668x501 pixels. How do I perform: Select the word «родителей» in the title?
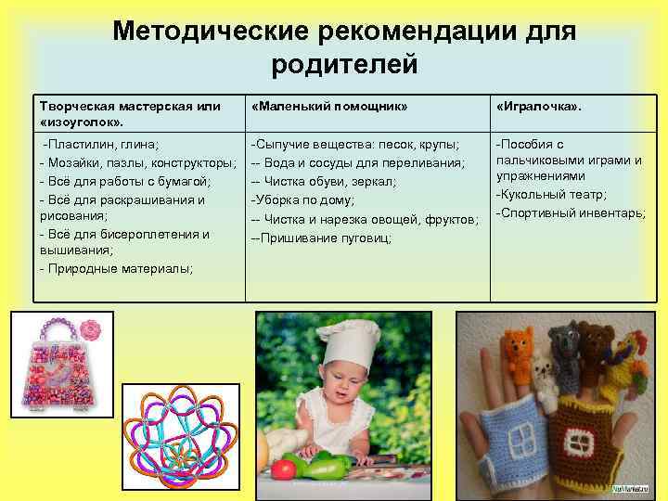345,66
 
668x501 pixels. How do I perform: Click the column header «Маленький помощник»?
329,106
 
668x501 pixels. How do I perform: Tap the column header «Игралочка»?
540,106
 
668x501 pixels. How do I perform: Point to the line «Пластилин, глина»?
103,145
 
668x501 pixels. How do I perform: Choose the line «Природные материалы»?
118,268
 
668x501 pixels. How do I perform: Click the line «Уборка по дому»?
303,199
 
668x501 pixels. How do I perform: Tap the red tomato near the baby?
282,468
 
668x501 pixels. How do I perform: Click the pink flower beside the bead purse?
89,329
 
